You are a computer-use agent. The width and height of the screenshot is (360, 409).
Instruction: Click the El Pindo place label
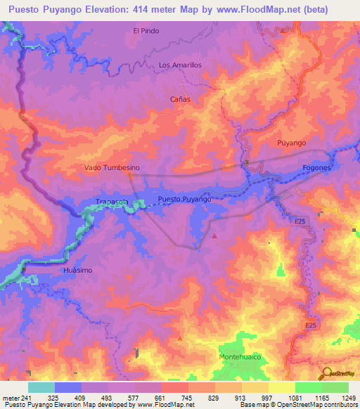146,31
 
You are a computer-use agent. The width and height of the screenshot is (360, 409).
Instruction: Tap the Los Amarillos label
181,65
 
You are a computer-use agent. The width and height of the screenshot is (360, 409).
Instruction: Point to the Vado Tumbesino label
112,168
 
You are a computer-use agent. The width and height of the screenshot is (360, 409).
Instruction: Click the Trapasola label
112,202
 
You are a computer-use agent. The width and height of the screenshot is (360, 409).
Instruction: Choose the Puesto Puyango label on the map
185,200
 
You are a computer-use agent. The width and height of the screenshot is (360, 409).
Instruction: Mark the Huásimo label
78,270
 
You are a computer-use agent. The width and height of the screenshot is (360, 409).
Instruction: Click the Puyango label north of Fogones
291,143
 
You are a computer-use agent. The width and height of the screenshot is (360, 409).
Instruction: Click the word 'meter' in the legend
11,398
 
